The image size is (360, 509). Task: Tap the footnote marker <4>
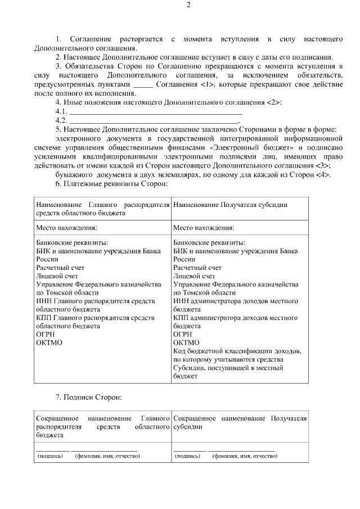322,175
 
